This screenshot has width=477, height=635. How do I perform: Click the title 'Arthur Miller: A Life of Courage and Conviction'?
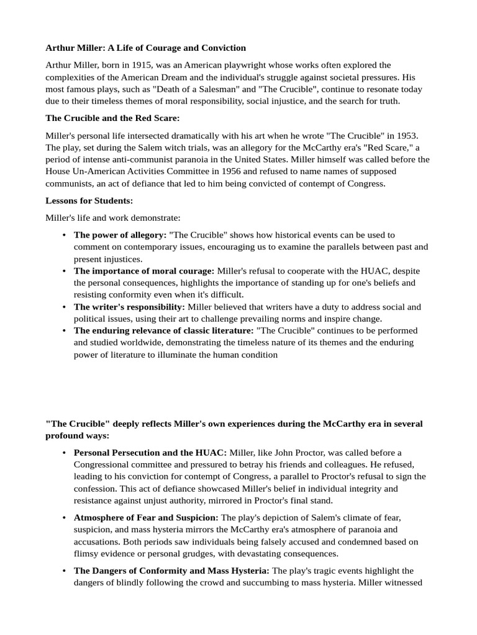(x=145, y=48)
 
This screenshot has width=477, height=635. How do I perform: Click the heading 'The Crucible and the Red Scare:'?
(x=112, y=118)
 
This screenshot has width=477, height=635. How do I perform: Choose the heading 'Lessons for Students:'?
(x=89, y=200)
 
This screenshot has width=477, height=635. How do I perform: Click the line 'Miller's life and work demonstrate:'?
(x=112, y=218)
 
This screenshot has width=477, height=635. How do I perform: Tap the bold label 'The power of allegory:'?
(x=120, y=235)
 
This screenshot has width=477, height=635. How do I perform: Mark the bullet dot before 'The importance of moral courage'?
(x=65, y=271)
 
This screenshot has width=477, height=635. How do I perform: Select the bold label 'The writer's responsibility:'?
(x=129, y=306)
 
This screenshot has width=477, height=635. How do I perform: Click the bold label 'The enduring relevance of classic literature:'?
(x=163, y=331)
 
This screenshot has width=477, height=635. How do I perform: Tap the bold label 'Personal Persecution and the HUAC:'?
(x=150, y=453)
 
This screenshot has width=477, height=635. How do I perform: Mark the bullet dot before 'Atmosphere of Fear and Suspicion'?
(x=65, y=517)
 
